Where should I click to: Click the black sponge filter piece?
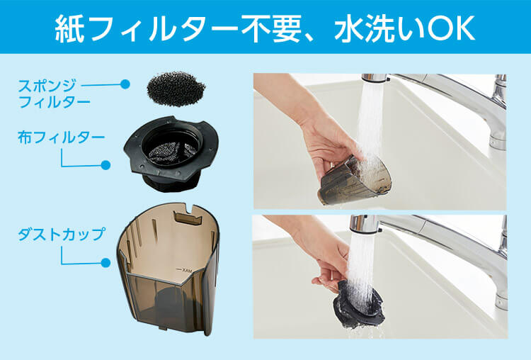(x=176, y=89)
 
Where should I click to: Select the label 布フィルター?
(x=62, y=137)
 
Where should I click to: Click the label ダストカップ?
(x=62, y=235)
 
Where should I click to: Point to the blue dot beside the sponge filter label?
(x=125, y=84)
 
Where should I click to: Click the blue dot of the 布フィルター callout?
(x=105, y=165)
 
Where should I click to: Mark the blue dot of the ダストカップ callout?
(x=105, y=263)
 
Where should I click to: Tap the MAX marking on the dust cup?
(x=185, y=270)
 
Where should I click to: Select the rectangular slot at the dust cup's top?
(x=188, y=218)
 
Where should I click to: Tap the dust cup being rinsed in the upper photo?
(x=354, y=181)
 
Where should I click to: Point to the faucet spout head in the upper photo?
(x=375, y=78)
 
